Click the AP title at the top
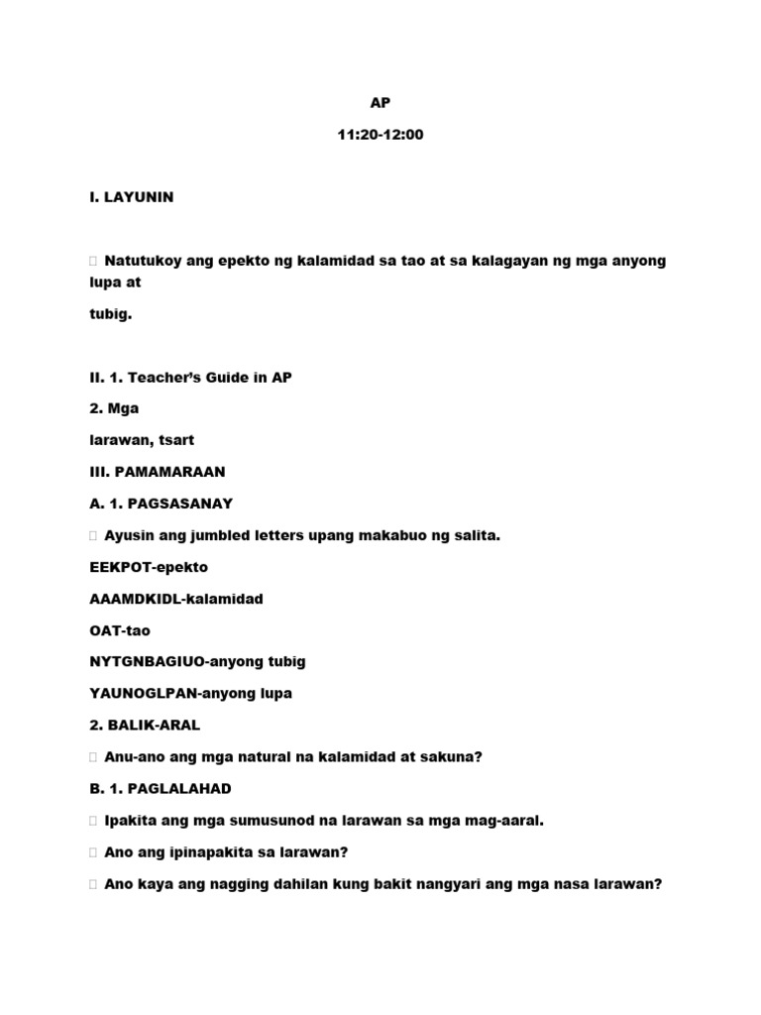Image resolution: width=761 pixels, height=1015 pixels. click(x=380, y=103)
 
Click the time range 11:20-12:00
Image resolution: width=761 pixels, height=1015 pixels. click(x=380, y=134)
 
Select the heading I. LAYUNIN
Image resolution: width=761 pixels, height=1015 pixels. click(x=131, y=197)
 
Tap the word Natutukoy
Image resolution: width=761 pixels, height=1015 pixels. click(x=142, y=261)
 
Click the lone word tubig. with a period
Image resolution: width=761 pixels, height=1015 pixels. click(x=110, y=313)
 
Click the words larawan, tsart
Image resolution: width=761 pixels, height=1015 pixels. click(x=139, y=440)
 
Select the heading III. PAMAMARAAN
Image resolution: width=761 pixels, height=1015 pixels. click(x=157, y=472)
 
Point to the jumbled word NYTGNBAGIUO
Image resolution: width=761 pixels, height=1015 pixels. click(x=142, y=662)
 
